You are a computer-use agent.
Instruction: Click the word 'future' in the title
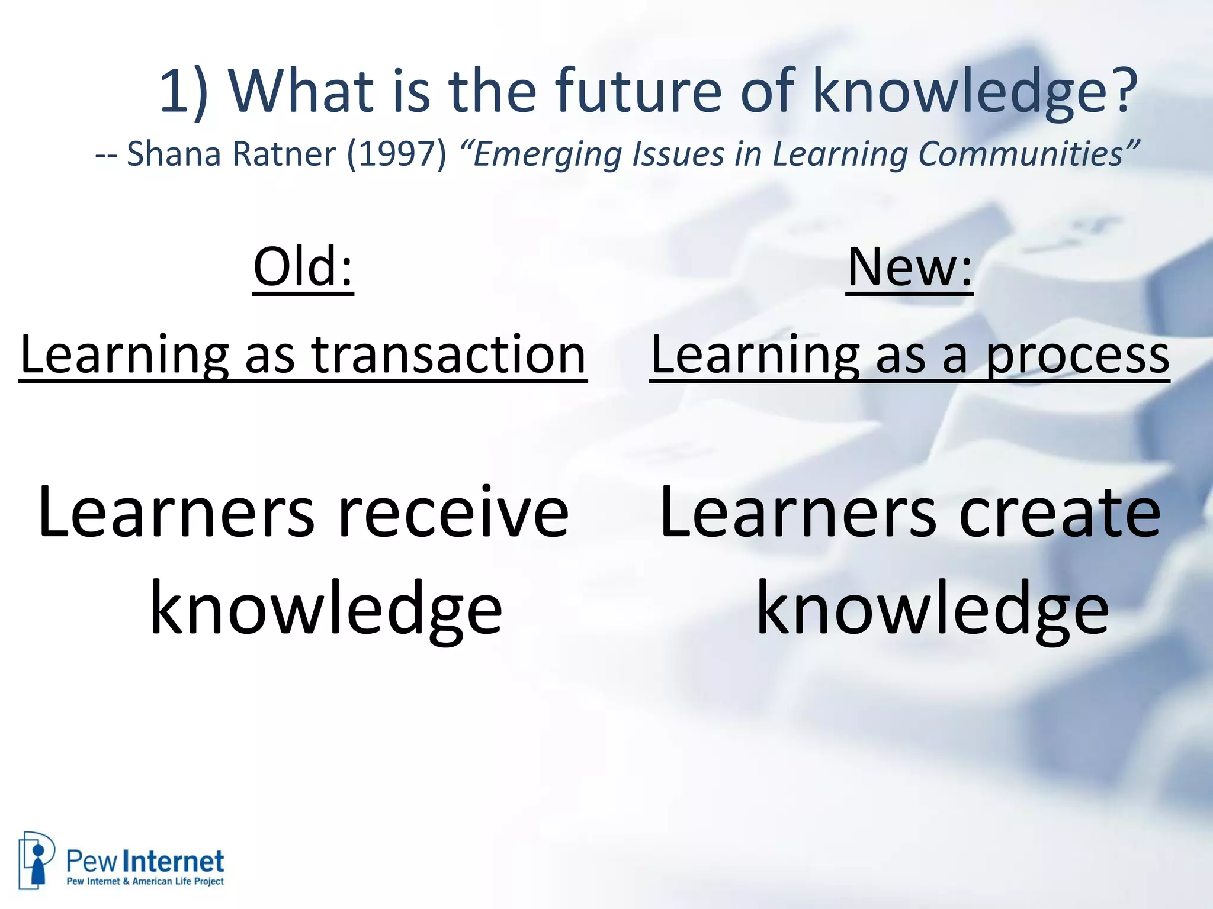(637, 91)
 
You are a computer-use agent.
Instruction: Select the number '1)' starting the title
(184, 91)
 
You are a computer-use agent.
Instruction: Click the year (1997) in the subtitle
(396, 154)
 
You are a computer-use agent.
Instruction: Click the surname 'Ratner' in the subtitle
(284, 154)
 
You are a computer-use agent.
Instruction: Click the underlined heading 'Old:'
(303, 267)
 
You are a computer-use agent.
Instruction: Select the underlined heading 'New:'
(909, 267)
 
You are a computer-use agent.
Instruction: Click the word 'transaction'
(448, 355)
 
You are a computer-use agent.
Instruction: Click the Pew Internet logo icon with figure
(36, 859)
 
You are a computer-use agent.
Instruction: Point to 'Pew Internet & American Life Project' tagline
(145, 881)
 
